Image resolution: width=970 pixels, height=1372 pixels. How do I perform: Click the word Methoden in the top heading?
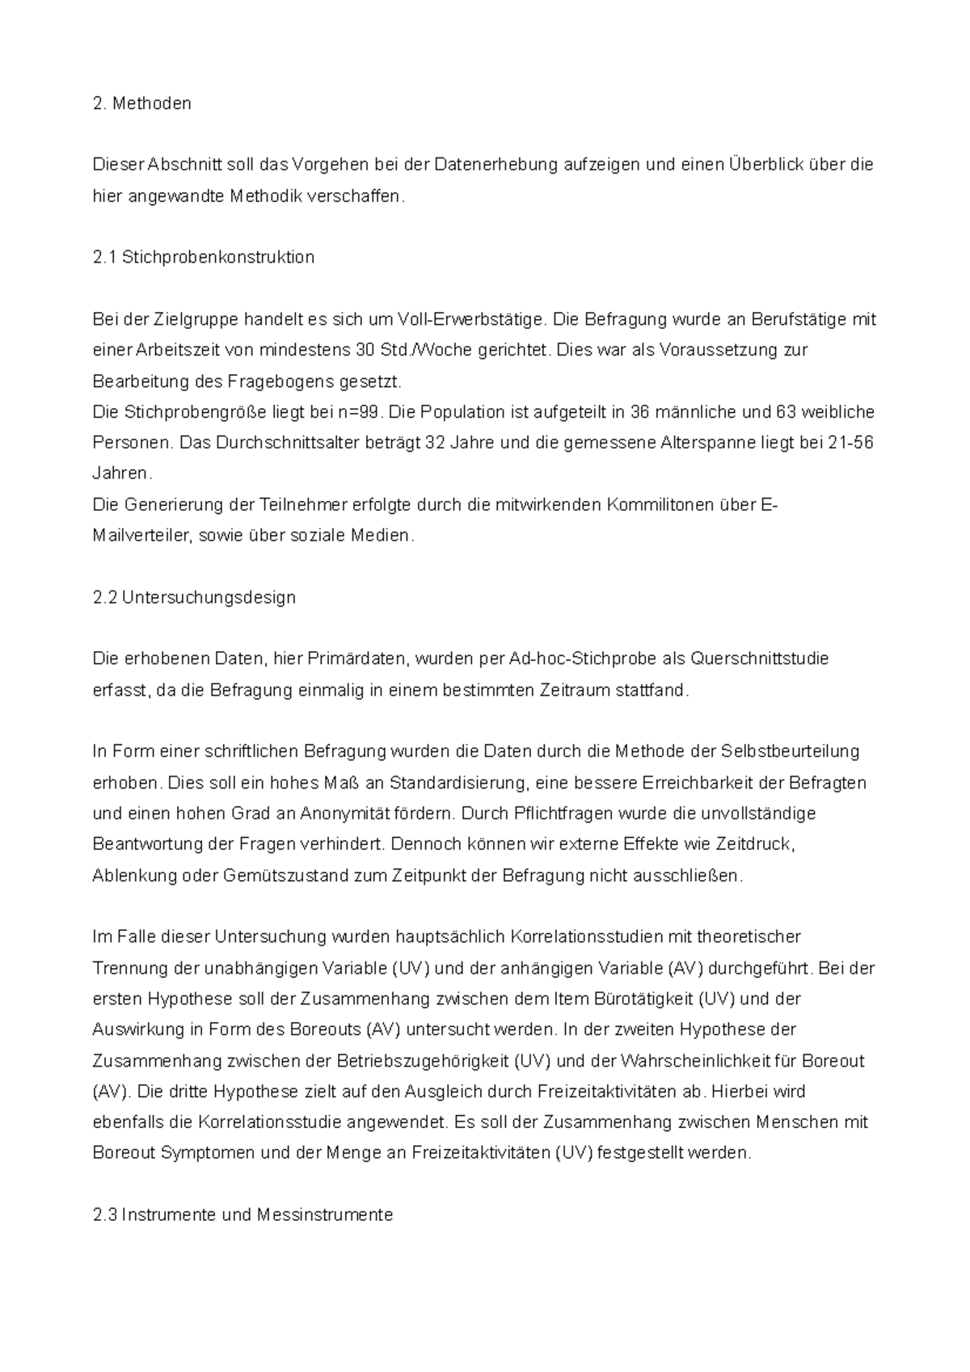152,103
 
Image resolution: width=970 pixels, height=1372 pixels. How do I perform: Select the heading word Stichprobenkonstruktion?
217,258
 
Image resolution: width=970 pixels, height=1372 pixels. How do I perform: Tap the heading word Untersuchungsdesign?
209,598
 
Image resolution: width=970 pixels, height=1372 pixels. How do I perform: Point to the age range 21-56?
851,444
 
